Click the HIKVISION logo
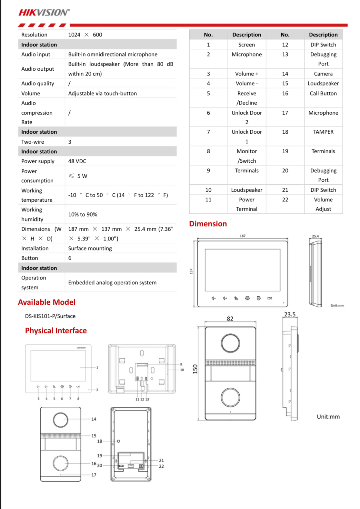click(44, 13)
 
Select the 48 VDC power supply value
click(77, 161)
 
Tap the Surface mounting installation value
click(90, 248)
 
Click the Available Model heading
click(47, 302)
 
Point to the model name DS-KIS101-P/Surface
click(50, 316)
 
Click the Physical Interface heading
click(56, 331)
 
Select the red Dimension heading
click(208, 224)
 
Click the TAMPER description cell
click(323, 132)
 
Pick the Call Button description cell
click(323, 93)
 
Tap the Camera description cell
click(323, 74)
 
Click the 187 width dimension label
click(243, 236)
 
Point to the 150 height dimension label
click(195, 369)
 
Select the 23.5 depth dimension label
click(290, 314)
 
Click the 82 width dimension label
click(230, 319)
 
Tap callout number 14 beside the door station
click(94, 419)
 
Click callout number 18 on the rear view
click(100, 441)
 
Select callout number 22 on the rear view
click(161, 466)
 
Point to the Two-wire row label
click(33, 142)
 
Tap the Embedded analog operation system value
click(112, 282)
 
